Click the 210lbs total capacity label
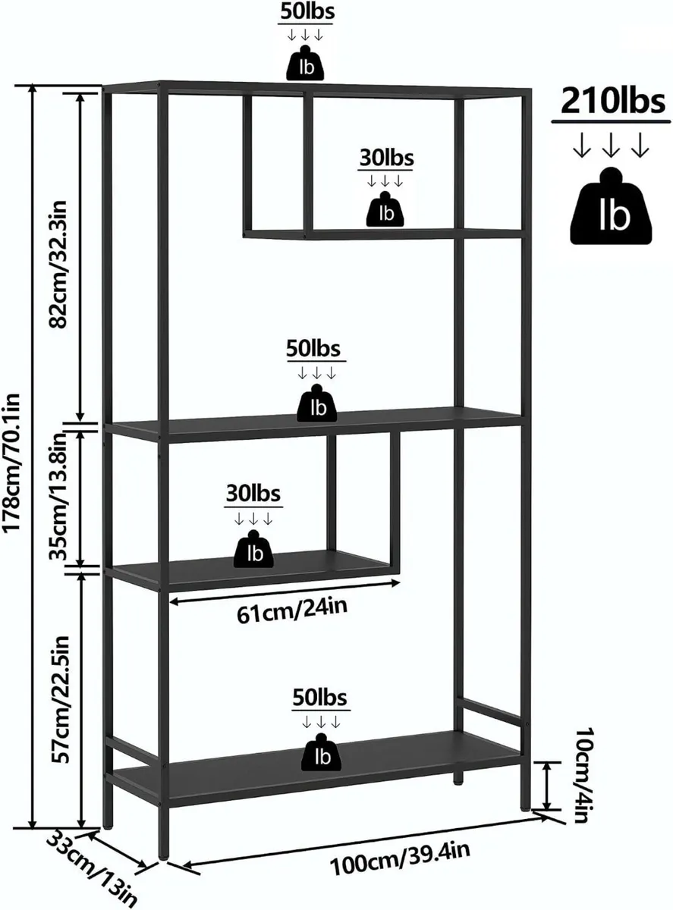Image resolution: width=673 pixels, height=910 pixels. point(612,101)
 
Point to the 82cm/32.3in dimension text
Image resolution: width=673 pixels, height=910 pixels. point(58,265)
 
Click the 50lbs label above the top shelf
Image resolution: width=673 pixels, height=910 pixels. point(307,12)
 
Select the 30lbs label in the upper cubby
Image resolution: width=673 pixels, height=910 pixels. point(387,158)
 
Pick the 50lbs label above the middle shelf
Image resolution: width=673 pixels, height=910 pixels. point(313,349)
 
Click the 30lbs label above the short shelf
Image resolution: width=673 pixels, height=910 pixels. point(253,494)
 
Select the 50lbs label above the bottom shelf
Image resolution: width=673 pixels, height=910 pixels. point(320,698)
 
